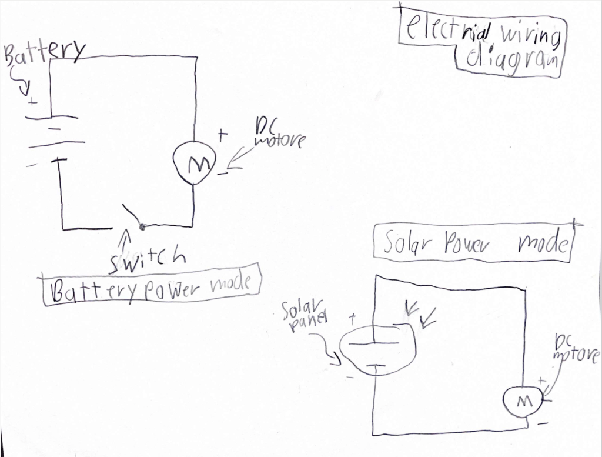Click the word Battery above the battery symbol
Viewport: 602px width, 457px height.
[x=45, y=54]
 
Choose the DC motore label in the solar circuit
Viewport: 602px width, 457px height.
[x=576, y=349]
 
